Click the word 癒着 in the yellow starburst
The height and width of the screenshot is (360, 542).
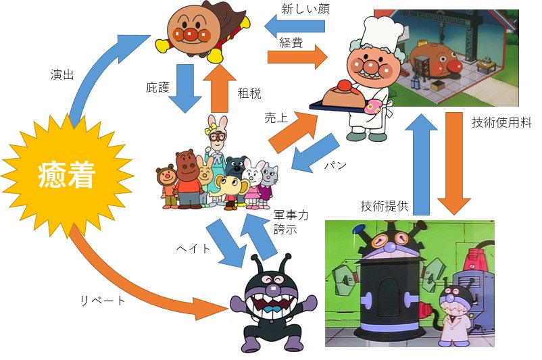(67, 176)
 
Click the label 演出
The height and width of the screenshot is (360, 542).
(62, 74)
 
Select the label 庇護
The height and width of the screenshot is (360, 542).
(161, 87)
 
